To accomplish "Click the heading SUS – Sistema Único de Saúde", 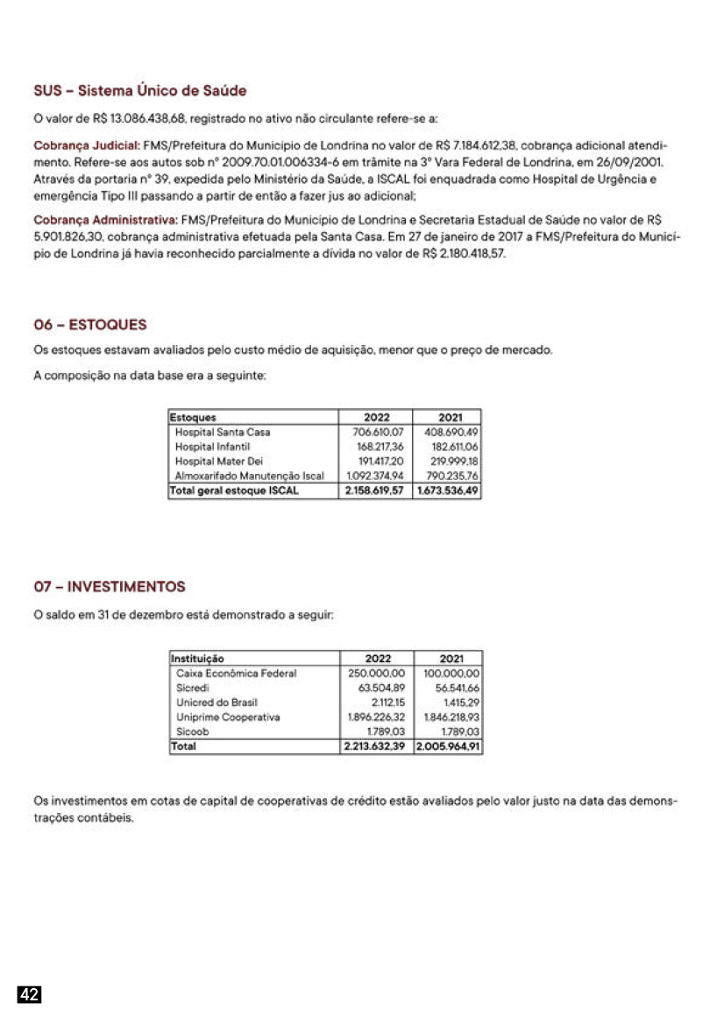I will [140, 90].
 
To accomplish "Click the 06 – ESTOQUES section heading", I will [90, 325].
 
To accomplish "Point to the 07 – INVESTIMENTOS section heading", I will [110, 586].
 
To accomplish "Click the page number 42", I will [30, 994].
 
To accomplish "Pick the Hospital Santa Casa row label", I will [223, 432].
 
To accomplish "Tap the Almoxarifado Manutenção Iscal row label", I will [250, 476].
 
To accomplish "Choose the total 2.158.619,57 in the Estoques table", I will [374, 491].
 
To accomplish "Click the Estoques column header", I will [194, 418].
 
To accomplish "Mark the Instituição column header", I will [198, 659].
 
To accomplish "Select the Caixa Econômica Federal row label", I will [237, 674].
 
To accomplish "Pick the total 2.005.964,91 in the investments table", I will [448, 746].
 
